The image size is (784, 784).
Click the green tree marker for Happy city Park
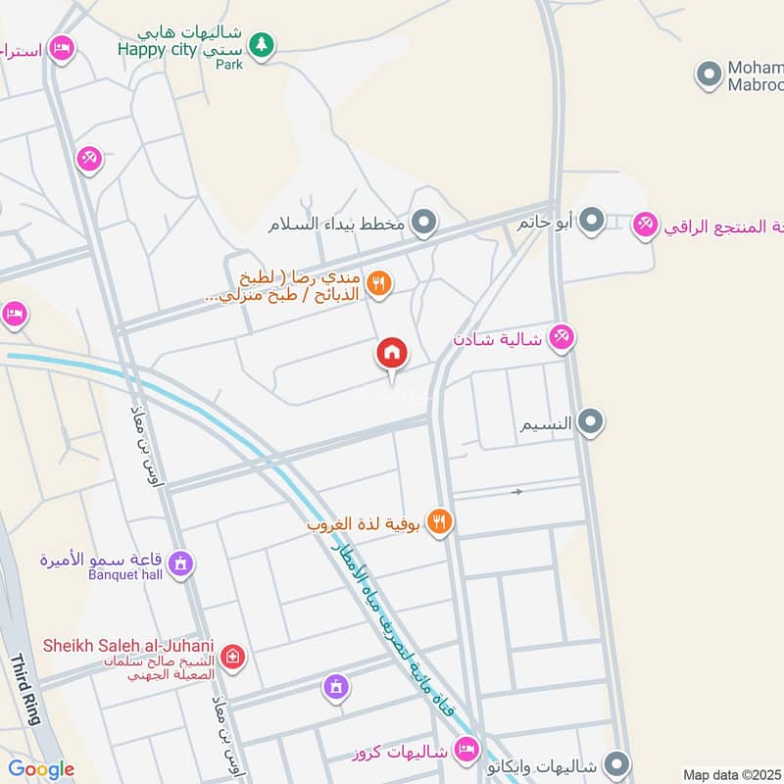pyautogui.click(x=261, y=44)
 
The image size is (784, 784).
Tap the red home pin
pyautogui.click(x=392, y=353)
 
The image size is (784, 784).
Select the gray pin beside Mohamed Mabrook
pyautogui.click(x=709, y=73)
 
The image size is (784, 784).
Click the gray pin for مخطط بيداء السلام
pyautogui.click(x=423, y=224)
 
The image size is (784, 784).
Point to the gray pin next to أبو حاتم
pyautogui.click(x=591, y=222)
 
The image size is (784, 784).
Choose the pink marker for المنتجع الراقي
pyautogui.click(x=645, y=226)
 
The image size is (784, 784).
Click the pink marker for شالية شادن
pyautogui.click(x=561, y=338)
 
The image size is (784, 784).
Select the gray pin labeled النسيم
pyautogui.click(x=590, y=422)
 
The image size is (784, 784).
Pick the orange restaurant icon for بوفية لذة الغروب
pyautogui.click(x=440, y=523)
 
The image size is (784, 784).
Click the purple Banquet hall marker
pyautogui.click(x=180, y=563)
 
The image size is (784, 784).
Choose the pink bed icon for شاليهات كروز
pyautogui.click(x=467, y=752)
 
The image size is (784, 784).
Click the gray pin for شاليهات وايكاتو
pyautogui.click(x=615, y=762)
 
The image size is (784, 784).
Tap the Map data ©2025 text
pyautogui.click(x=730, y=774)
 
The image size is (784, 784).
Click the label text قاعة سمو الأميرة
pyautogui.click(x=103, y=560)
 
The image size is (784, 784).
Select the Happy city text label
pyautogui.click(x=157, y=49)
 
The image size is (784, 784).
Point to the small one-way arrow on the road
pyautogui.click(x=517, y=491)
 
